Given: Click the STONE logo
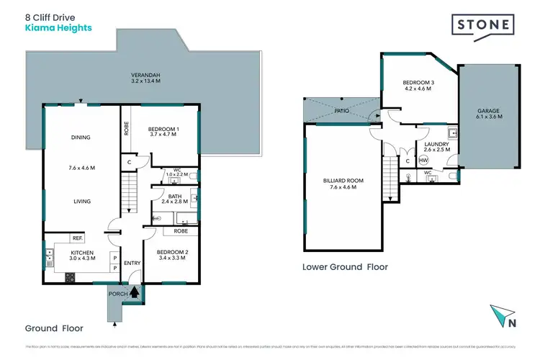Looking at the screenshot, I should pos(485,25).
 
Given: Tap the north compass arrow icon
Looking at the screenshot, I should pos(503,315).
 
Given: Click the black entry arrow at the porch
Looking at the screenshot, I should pos(133,292).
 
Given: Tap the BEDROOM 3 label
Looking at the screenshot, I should pos(417,84).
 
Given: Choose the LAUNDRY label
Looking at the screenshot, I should pos(436,144).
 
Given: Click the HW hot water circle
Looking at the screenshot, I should pos(423,160).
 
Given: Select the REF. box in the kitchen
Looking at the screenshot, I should pos(76,238).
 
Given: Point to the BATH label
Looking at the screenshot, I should pos(174,196).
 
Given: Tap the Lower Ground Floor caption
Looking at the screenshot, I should pos(345,266).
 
